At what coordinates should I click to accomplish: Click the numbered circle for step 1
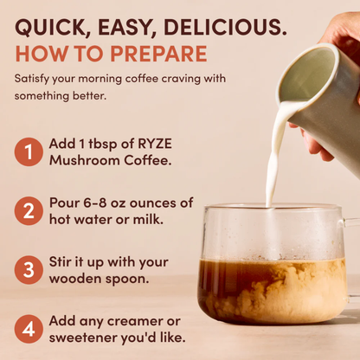point(28,152)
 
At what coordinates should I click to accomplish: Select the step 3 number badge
point(28,269)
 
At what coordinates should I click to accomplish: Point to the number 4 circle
point(28,328)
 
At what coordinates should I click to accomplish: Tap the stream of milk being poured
point(275,164)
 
